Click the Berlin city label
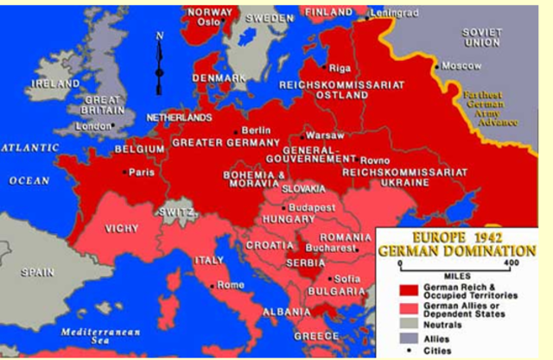256,130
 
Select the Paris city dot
126,172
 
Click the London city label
93,126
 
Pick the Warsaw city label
326,136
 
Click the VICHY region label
121,229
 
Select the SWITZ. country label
173,212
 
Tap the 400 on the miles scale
511,263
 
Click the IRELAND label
55,84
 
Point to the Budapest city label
312,208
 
